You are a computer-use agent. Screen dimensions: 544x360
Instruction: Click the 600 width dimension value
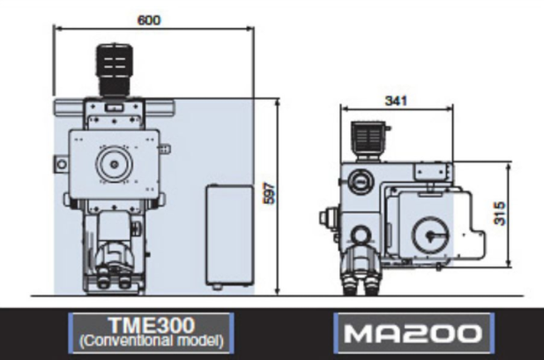(x=149, y=20)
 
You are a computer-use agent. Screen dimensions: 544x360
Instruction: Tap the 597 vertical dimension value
(x=270, y=193)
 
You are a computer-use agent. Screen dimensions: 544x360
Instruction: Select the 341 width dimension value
(x=396, y=101)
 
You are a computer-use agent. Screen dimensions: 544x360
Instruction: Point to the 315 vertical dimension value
(x=500, y=214)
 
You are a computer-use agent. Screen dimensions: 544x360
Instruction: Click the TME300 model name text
(x=152, y=326)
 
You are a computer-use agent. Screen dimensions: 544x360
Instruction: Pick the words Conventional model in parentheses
(x=152, y=341)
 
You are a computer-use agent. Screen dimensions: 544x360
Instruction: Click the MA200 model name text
(x=414, y=334)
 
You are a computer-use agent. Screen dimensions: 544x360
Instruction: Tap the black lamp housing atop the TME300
(x=115, y=70)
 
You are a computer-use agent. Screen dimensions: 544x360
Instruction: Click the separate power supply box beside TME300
(x=229, y=236)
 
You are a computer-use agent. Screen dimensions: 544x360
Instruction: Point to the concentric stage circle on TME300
(x=114, y=164)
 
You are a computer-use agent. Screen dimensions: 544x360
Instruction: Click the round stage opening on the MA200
(x=430, y=235)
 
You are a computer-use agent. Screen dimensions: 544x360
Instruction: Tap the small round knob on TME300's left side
(x=61, y=164)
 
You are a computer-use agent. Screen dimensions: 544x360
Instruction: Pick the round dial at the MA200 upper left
(x=360, y=181)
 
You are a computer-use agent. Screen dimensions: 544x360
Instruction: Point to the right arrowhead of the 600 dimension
(x=251, y=29)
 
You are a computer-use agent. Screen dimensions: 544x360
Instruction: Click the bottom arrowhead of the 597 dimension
(x=277, y=290)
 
